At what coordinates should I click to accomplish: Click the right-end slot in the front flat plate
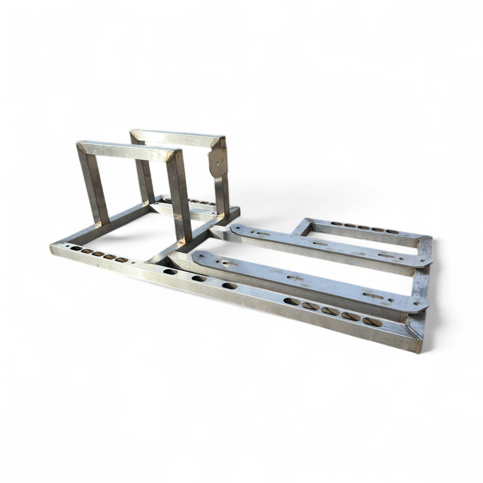369,294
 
